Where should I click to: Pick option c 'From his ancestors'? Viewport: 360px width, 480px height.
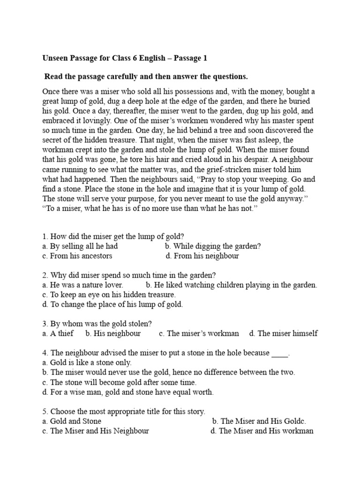pos(77,256)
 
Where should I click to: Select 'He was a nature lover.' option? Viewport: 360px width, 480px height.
pos(82,285)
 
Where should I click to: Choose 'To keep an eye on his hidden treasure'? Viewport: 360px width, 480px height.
pos(109,294)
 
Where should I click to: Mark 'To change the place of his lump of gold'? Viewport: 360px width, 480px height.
pos(112,304)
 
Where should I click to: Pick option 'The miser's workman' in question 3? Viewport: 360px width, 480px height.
pos(199,333)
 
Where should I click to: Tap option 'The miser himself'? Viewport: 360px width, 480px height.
pos(284,333)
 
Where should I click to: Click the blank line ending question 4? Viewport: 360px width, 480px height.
pos(280,353)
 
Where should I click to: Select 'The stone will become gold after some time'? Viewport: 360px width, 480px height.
pos(119,382)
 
